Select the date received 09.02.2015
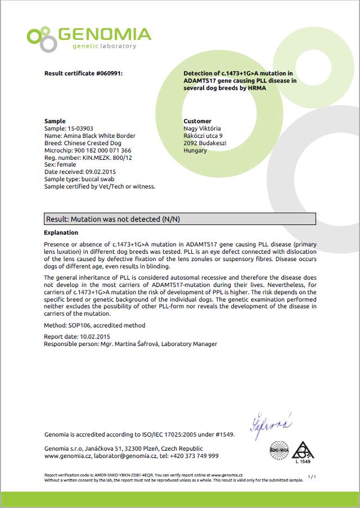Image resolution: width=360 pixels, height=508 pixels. point(101,172)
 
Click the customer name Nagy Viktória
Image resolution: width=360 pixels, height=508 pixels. point(202,128)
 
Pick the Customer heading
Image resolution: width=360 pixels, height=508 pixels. point(197,121)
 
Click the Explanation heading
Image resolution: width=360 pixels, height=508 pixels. point(61,232)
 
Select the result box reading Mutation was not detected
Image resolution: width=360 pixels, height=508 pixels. point(179,218)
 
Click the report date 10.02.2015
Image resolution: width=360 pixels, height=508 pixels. point(91,336)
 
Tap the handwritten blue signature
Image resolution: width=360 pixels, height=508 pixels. point(272,422)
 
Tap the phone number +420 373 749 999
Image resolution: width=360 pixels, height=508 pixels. point(194,456)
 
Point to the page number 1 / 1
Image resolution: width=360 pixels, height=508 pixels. point(313,477)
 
